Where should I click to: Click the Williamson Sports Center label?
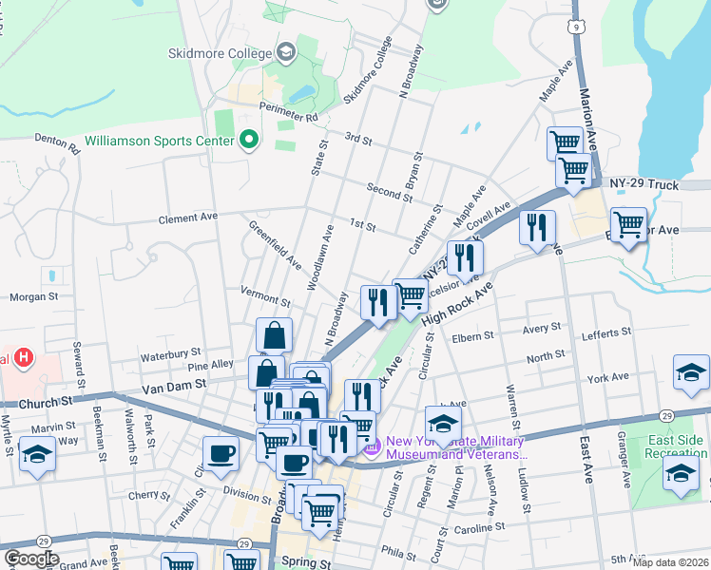point(159,141)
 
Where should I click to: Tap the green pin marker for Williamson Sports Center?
point(249,141)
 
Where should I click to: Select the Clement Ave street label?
point(188,218)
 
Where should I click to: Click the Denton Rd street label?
point(57,142)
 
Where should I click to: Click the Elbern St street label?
point(473,335)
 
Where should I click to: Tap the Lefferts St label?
point(605,333)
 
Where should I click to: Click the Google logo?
point(31,558)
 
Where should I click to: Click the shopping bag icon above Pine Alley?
point(274,335)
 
